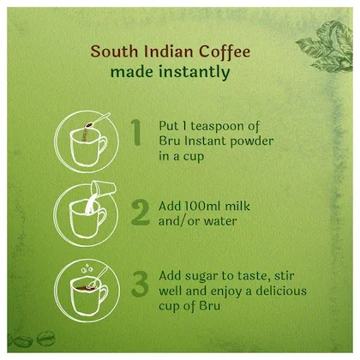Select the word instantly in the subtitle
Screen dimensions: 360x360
click(x=195, y=72)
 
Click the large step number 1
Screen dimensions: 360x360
click(x=136, y=132)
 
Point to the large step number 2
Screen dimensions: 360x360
click(x=141, y=213)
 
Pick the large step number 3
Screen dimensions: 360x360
click(x=140, y=284)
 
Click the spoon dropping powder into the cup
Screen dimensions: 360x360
click(x=97, y=121)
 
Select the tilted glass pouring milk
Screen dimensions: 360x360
click(x=103, y=189)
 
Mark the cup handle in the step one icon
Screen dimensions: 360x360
click(x=102, y=146)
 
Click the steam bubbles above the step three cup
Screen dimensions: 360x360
click(x=87, y=268)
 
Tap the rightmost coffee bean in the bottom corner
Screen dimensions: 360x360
click(x=45, y=339)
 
